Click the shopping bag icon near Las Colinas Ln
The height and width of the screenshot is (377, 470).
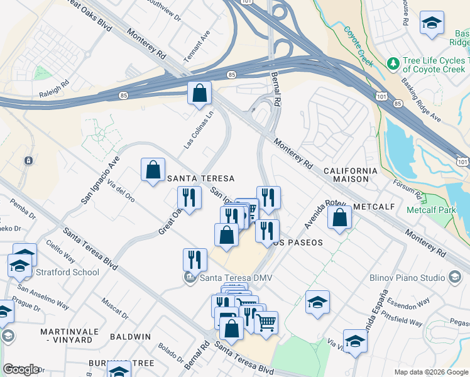199,94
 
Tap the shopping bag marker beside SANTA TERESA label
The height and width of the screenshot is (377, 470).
153,170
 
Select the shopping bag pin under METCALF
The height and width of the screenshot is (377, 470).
339,217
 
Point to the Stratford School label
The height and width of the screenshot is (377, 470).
68,272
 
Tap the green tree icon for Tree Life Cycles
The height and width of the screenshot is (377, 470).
393,63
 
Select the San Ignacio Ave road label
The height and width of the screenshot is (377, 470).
99,180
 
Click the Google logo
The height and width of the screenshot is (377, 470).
21,369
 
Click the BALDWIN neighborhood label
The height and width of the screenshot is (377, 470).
131,337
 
